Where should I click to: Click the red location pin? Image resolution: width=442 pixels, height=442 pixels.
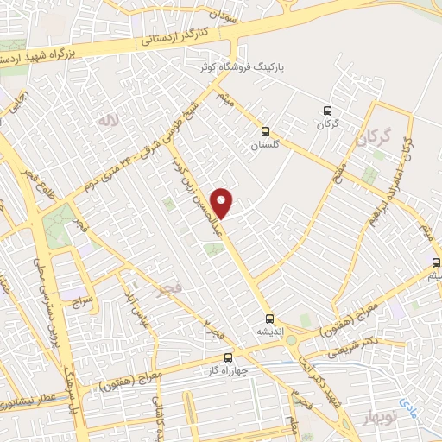(x=224, y=203)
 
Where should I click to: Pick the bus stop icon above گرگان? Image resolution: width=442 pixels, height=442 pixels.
(x=326, y=110)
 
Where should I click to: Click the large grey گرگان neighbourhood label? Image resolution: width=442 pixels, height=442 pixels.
(x=373, y=136)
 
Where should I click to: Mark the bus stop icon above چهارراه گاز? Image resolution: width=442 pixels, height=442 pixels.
(x=228, y=356)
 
